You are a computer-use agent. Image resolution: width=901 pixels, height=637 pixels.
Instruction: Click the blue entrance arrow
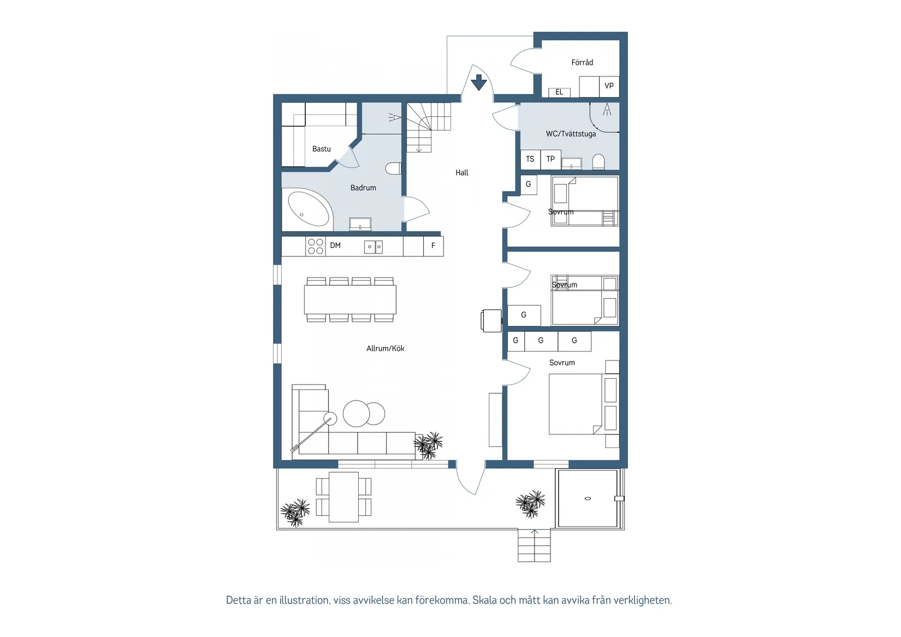tap(479, 82)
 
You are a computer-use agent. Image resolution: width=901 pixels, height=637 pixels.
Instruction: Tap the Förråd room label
tap(582, 62)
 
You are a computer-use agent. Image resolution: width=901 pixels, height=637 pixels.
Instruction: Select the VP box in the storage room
tap(609, 86)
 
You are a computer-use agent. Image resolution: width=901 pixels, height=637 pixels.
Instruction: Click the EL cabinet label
tap(559, 92)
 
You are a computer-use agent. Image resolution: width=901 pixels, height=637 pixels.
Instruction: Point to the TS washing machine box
tap(530, 160)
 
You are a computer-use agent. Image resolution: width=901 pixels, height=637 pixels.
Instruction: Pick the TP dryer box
tap(550, 160)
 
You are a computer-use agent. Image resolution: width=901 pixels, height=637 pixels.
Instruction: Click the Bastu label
tap(322, 149)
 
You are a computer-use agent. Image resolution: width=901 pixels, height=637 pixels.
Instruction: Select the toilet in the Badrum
tap(393, 168)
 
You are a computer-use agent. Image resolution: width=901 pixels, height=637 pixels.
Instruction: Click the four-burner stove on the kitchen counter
tap(316, 246)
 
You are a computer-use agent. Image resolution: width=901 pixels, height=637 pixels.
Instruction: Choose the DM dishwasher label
tap(335, 245)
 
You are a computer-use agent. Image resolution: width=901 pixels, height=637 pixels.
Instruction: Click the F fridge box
tap(433, 246)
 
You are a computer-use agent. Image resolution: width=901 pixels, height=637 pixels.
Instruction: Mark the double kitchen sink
tap(374, 247)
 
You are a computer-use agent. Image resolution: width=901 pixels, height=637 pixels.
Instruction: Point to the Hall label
tap(462, 173)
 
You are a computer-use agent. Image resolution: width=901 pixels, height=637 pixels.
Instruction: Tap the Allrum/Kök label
tap(385, 349)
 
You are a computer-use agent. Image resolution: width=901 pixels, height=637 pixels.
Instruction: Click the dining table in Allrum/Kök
tap(350, 299)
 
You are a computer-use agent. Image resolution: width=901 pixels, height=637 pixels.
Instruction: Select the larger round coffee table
tap(356, 413)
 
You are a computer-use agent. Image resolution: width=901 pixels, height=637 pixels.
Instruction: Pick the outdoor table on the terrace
tap(343, 497)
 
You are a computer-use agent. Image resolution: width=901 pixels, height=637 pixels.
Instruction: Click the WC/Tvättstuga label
tap(571, 134)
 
